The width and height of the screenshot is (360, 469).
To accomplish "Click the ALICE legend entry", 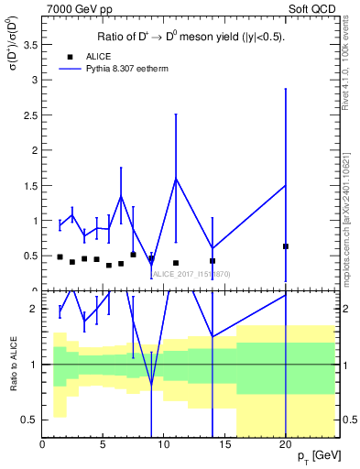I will point(94,57).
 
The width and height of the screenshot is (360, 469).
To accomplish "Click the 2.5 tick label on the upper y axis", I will point(30,114).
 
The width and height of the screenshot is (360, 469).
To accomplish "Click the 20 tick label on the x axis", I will point(286,444).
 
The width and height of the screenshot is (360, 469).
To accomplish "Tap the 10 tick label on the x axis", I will point(164,444).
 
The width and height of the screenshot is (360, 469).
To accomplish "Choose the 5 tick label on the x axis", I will point(104,444).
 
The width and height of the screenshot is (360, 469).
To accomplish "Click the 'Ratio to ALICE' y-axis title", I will point(12,364).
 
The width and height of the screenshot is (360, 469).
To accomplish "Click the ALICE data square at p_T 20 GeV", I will point(286,246).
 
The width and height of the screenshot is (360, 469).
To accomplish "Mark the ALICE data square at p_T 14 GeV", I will point(213,261).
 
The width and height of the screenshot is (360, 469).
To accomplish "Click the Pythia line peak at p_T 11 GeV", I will point(176,178).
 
